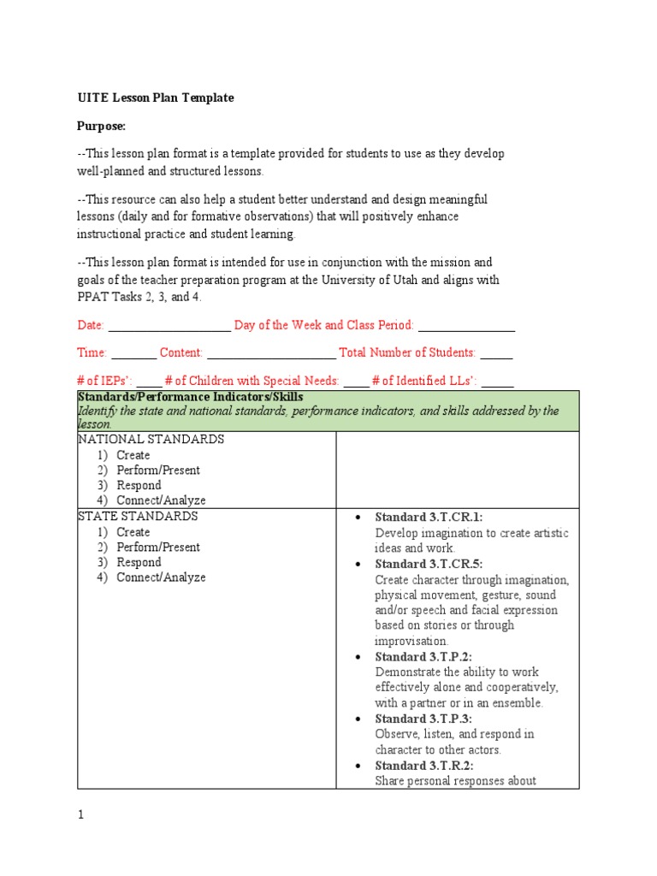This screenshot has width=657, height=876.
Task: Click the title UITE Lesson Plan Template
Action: [155, 98]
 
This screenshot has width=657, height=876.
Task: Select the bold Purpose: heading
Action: [101, 127]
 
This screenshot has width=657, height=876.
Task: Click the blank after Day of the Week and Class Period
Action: [466, 327]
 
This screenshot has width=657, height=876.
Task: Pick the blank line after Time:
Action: [133, 354]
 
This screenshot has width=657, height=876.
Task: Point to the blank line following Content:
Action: [271, 354]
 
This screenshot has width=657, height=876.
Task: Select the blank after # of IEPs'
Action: [149, 382]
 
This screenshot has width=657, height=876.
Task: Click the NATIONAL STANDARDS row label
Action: [151, 440]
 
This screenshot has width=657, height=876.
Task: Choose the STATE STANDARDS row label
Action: [138, 517]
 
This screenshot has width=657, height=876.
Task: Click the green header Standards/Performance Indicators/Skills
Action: [190, 398]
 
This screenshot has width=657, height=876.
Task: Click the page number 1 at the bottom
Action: [80, 816]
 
